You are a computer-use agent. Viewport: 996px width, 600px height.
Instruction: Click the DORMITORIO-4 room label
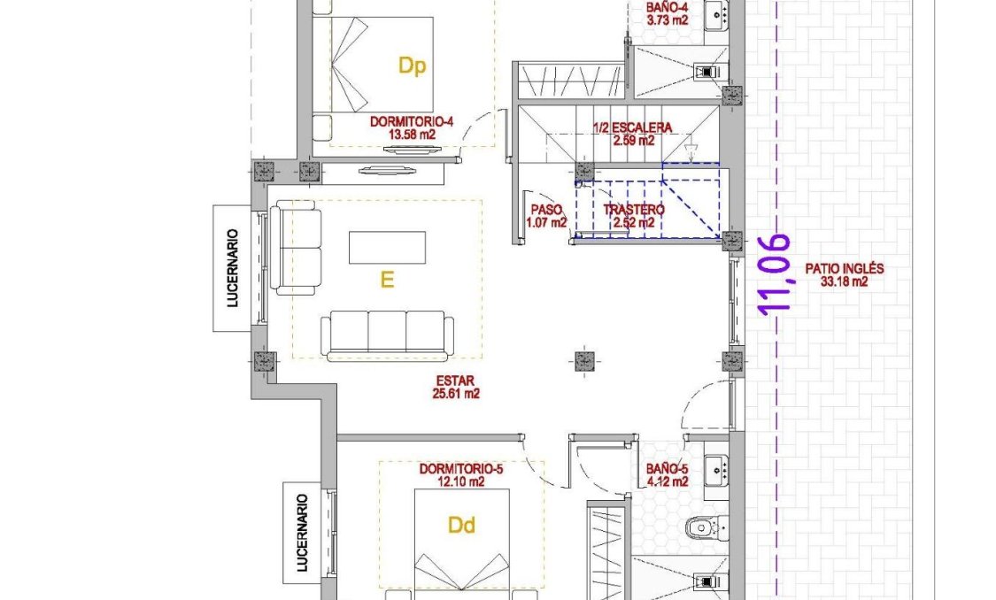coord(413,123)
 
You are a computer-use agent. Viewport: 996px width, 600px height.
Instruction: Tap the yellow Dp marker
coord(412,66)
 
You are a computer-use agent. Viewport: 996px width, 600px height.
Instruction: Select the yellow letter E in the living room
coord(387,280)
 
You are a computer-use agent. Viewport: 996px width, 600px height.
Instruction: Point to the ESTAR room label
coord(457,382)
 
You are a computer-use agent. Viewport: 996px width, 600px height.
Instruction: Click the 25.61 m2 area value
coord(457,395)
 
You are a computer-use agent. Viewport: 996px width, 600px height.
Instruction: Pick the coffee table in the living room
coord(387,247)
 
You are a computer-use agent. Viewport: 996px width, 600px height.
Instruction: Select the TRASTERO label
coord(633,211)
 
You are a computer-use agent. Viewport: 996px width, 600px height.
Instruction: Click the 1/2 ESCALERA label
coord(632,127)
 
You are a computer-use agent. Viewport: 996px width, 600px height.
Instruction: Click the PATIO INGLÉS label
coord(844,269)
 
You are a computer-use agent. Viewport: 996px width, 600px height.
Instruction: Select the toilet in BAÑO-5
coord(705,527)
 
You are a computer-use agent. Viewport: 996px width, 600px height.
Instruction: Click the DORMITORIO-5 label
coord(461,470)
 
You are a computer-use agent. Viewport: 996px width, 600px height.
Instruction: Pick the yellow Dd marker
coord(461,527)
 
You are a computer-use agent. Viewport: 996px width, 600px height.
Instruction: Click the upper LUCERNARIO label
coord(233,268)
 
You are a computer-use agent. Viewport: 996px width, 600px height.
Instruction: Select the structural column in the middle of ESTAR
coord(583,359)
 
